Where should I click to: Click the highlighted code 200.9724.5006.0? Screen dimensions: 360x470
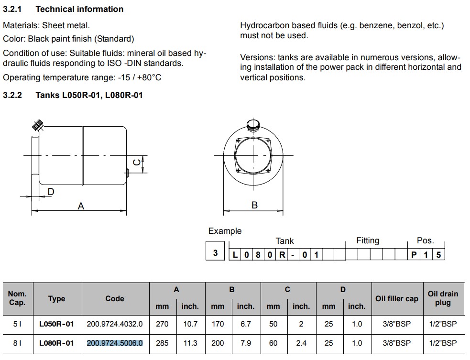point(115,343)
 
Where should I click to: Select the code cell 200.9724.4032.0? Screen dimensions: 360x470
point(115,324)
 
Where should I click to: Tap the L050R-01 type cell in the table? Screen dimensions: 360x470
point(56,324)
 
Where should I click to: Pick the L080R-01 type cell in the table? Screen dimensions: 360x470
point(56,343)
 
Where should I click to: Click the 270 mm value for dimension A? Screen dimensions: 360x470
point(162,324)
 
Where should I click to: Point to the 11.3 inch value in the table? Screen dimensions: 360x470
point(190,343)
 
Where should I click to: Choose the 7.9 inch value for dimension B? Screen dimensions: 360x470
point(246,343)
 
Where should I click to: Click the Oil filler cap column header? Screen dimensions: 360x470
point(396,299)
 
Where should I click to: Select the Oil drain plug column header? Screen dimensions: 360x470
point(443,298)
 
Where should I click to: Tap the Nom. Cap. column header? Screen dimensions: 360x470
point(18,298)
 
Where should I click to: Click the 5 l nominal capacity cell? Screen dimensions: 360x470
point(18,324)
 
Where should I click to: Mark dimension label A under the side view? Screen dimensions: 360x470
point(81,206)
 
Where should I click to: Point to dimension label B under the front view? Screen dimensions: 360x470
point(254,205)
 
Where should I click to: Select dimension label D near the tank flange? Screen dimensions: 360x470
point(51,192)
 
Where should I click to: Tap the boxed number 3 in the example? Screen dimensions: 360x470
point(215,252)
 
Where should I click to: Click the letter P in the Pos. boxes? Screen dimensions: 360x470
point(414,255)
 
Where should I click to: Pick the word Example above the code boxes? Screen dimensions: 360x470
point(225,231)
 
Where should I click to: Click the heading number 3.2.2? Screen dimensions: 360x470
point(12,95)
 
